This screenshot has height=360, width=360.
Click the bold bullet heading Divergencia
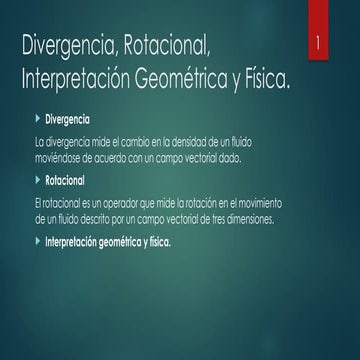pos(73,120)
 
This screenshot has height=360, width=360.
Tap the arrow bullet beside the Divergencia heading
pos(39,120)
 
